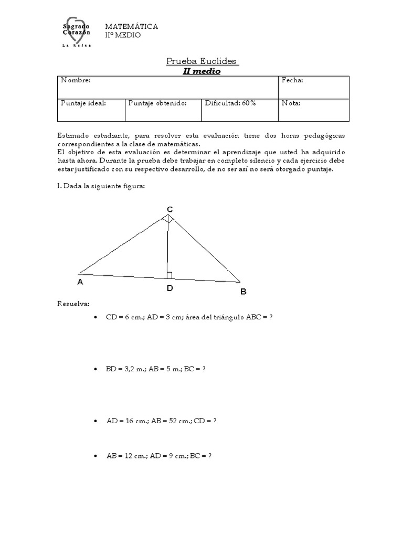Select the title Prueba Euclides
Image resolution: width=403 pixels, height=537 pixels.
[201, 61]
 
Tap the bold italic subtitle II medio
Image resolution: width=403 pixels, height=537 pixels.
[201, 71]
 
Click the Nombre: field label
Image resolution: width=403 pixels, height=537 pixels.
[76, 80]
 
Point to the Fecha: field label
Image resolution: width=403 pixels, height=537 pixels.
[292, 80]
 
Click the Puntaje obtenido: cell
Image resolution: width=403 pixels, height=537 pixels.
[157, 103]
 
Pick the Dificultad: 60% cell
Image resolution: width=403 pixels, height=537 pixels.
[230, 103]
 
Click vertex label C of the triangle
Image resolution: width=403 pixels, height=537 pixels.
[169, 209]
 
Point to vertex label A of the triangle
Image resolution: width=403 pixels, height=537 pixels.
[80, 282]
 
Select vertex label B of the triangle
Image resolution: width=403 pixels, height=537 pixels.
[243, 292]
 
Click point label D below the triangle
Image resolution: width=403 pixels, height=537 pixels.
[169, 288]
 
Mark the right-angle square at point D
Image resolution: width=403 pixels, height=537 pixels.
[169, 275]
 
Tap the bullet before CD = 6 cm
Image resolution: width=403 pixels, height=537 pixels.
[95, 318]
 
